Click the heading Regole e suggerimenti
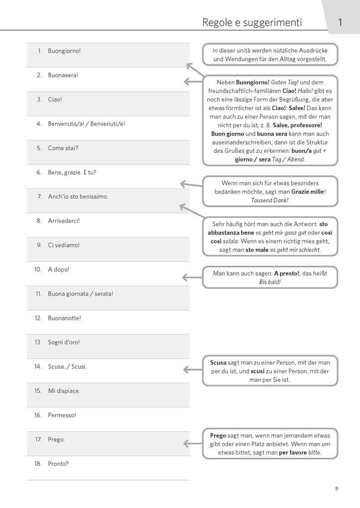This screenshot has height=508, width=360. (252, 22)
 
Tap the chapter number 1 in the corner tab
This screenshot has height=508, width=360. (340, 22)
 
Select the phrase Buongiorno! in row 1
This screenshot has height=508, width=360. (64, 51)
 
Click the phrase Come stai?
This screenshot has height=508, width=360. (63, 148)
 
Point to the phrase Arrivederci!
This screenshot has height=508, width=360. (64, 221)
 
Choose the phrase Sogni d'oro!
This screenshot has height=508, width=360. (64, 342)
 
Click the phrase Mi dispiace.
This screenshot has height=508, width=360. (64, 391)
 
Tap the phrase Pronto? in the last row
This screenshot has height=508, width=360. (58, 464)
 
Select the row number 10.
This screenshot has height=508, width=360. (38, 269)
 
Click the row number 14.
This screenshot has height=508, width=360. (38, 367)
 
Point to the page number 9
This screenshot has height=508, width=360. (337, 489)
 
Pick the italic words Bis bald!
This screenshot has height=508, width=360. (270, 282)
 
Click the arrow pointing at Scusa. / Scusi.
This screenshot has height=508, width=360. (192, 369)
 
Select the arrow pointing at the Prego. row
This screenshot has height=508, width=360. (192, 443)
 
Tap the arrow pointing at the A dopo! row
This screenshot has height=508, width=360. (192, 277)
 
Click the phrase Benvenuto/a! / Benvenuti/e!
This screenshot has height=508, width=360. (86, 124)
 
